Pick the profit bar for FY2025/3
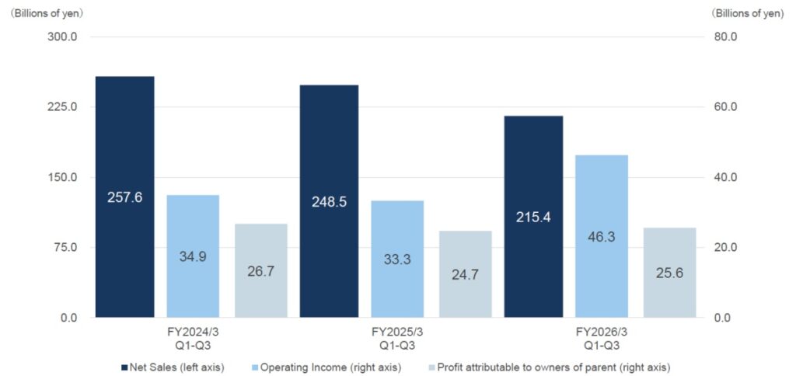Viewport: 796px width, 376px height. pyautogui.click(x=465, y=287)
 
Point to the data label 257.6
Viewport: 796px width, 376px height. pyautogui.click(x=124, y=197)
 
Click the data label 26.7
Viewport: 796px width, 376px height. pyautogui.click(x=260, y=272)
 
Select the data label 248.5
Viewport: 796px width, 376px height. pyautogui.click(x=329, y=201)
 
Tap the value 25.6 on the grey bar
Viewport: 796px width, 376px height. pyautogui.click(x=669, y=273)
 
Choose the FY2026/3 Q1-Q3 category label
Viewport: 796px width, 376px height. pyautogui.click(x=601, y=339)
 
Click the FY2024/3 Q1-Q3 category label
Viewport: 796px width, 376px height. pyautogui.click(x=193, y=339)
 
